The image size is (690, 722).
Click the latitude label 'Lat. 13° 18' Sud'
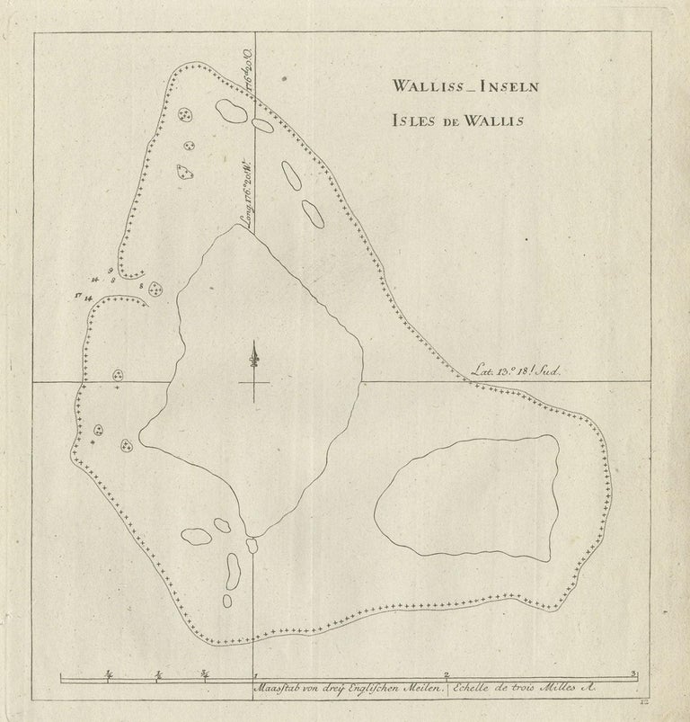(516, 370)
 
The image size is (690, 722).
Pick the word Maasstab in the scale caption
(280, 689)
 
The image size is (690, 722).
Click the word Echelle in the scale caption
(476, 689)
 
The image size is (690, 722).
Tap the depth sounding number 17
(79, 294)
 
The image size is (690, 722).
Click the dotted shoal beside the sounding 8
(156, 290)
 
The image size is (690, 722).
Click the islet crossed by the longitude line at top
(262, 126)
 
